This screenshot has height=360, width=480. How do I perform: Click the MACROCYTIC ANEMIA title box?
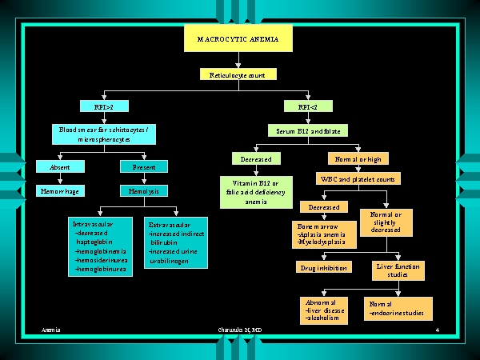tap(238, 38)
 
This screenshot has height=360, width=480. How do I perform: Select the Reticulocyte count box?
tap(238, 74)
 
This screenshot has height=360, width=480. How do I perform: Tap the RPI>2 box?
tap(104, 106)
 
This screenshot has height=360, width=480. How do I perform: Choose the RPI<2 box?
tap(308, 106)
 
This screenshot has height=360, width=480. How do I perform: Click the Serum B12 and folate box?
tap(308, 130)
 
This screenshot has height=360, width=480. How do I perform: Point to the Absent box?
tap(60, 167)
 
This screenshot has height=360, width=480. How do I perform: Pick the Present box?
tap(144, 167)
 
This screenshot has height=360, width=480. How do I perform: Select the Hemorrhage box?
tap(60, 191)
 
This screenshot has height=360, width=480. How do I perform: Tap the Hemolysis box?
tap(144, 191)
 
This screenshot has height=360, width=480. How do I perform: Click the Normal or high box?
tap(358, 158)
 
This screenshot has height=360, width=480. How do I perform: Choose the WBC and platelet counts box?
tap(358, 178)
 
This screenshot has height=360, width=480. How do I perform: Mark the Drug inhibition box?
tap(324, 267)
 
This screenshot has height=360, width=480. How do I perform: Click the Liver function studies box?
tap(398, 270)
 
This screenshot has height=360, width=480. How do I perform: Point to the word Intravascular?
tap(93, 224)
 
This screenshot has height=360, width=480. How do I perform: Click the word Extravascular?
tap(170, 225)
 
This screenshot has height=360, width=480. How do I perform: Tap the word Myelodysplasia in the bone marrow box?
tap(322, 242)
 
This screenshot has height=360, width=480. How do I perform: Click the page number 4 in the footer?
tap(438, 330)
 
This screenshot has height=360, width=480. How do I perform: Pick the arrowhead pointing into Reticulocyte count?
tap(238, 66)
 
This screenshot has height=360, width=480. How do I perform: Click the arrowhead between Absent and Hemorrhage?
tap(60, 182)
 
